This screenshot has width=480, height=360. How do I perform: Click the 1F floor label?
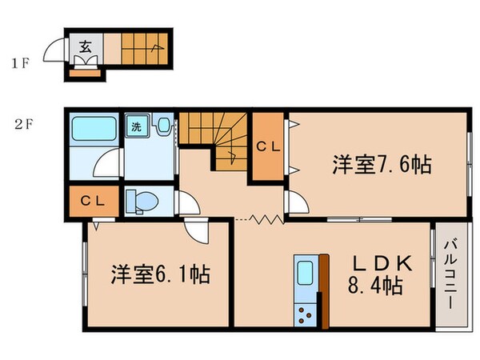pyautogui.click(x=21, y=62)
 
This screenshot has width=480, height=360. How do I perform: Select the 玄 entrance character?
pyautogui.click(x=85, y=46)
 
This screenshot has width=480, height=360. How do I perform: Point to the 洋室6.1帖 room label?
pyautogui.click(x=160, y=274)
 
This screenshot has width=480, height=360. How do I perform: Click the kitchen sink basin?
pyautogui.click(x=305, y=274)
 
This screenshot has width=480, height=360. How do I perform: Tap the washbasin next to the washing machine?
pyautogui.click(x=164, y=126)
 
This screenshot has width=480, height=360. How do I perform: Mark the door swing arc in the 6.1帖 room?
pyautogui.click(x=197, y=234)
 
